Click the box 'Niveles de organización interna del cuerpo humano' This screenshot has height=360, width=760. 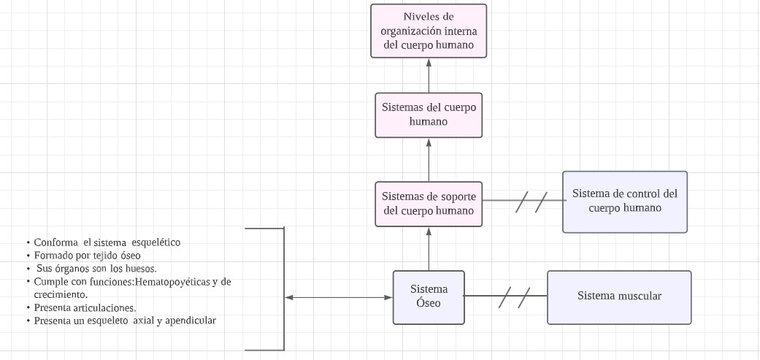(x=429, y=31)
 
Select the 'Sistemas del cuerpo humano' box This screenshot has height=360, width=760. (x=429, y=115)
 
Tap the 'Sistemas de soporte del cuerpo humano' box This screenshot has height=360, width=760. (x=429, y=204)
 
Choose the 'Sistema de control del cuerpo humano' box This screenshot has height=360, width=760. (x=625, y=202)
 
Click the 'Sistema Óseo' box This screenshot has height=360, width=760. (x=429, y=296)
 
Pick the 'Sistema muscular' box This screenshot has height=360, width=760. (x=619, y=296)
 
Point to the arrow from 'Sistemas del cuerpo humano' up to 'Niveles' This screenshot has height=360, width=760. (x=429, y=74)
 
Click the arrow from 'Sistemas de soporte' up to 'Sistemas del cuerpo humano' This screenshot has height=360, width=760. (x=429, y=159)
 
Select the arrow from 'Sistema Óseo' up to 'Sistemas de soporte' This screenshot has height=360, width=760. (x=429, y=248)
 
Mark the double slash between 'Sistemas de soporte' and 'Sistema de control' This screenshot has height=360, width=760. (x=531, y=201)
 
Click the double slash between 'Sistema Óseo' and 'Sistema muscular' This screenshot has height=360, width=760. (x=514, y=296)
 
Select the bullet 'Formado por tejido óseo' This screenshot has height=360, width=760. (x=87, y=256)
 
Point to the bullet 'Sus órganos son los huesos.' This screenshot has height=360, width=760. (x=96, y=268)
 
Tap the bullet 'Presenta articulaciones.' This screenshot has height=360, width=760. (x=85, y=307)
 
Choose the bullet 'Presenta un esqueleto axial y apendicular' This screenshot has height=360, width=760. (x=125, y=321)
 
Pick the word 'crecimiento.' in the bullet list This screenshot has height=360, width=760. (x=61, y=294)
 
